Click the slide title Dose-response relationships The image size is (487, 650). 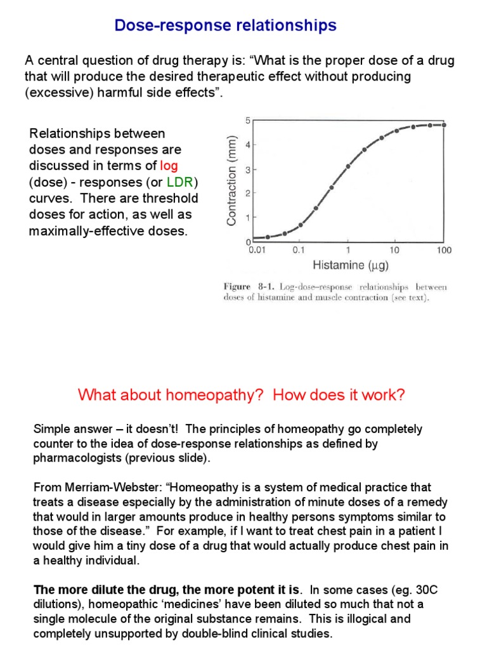225,26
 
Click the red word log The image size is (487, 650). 169,166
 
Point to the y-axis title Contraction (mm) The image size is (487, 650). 233,181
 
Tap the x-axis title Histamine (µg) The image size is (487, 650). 347,265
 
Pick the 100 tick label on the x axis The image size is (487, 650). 444,250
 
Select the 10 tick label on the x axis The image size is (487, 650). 394,250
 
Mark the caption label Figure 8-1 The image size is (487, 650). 246,287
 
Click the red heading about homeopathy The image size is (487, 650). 241,395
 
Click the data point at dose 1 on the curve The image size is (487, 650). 347,166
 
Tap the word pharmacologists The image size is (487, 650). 74,458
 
